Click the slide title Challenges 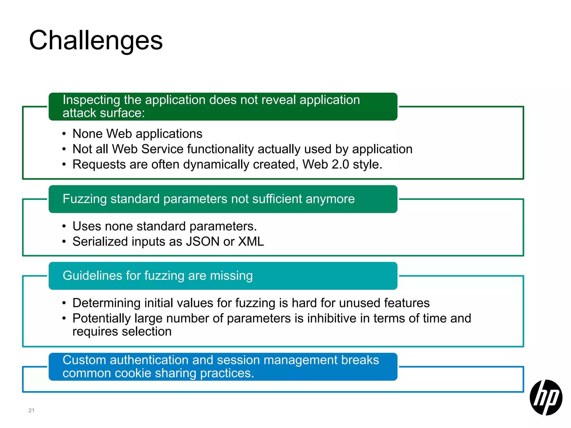coord(96,40)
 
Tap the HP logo coord(546,397)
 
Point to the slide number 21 coord(31,410)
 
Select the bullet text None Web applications coord(137,134)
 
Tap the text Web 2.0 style coord(342,164)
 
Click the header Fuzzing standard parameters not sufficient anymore coord(209,199)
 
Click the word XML coord(251,241)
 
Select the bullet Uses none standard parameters coord(164,226)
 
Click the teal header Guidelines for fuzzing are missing coord(158,276)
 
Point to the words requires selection coord(122,332)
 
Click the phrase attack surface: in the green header coord(104,113)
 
